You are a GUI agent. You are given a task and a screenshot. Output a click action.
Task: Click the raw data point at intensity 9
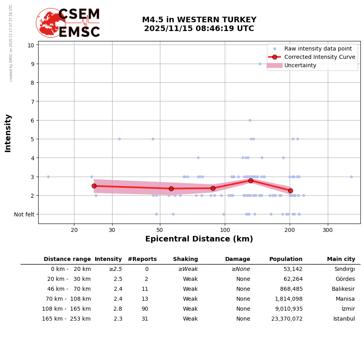click(x=260, y=64)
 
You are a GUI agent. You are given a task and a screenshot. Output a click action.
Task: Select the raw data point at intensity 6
click(x=250, y=120)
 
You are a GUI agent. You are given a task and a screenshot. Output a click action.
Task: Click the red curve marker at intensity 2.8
click(x=251, y=181)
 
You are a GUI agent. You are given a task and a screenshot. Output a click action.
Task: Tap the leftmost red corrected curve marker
click(x=94, y=186)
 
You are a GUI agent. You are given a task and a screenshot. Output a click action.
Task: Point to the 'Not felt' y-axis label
click(x=24, y=214)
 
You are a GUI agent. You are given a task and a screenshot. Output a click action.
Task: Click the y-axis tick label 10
click(x=31, y=45)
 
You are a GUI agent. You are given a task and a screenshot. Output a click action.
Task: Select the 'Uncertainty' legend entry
click(x=300, y=65)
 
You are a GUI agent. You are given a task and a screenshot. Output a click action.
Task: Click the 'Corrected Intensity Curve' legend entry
click(x=319, y=57)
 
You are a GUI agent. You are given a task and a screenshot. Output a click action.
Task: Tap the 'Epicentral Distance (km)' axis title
click(x=199, y=239)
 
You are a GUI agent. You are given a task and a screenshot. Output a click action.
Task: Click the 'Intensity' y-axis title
click(x=8, y=133)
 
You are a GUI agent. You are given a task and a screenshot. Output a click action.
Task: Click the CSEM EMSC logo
click(x=68, y=23)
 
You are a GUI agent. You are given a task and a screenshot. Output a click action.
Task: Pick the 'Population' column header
click(x=286, y=259)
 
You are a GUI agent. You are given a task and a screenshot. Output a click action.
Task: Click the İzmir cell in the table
click(x=348, y=309)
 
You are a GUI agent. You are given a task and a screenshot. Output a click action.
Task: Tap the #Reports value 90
click(x=145, y=309)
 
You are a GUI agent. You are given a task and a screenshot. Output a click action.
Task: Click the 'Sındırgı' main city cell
click(x=345, y=269)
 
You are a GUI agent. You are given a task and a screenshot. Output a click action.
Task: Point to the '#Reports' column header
click(x=142, y=259)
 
